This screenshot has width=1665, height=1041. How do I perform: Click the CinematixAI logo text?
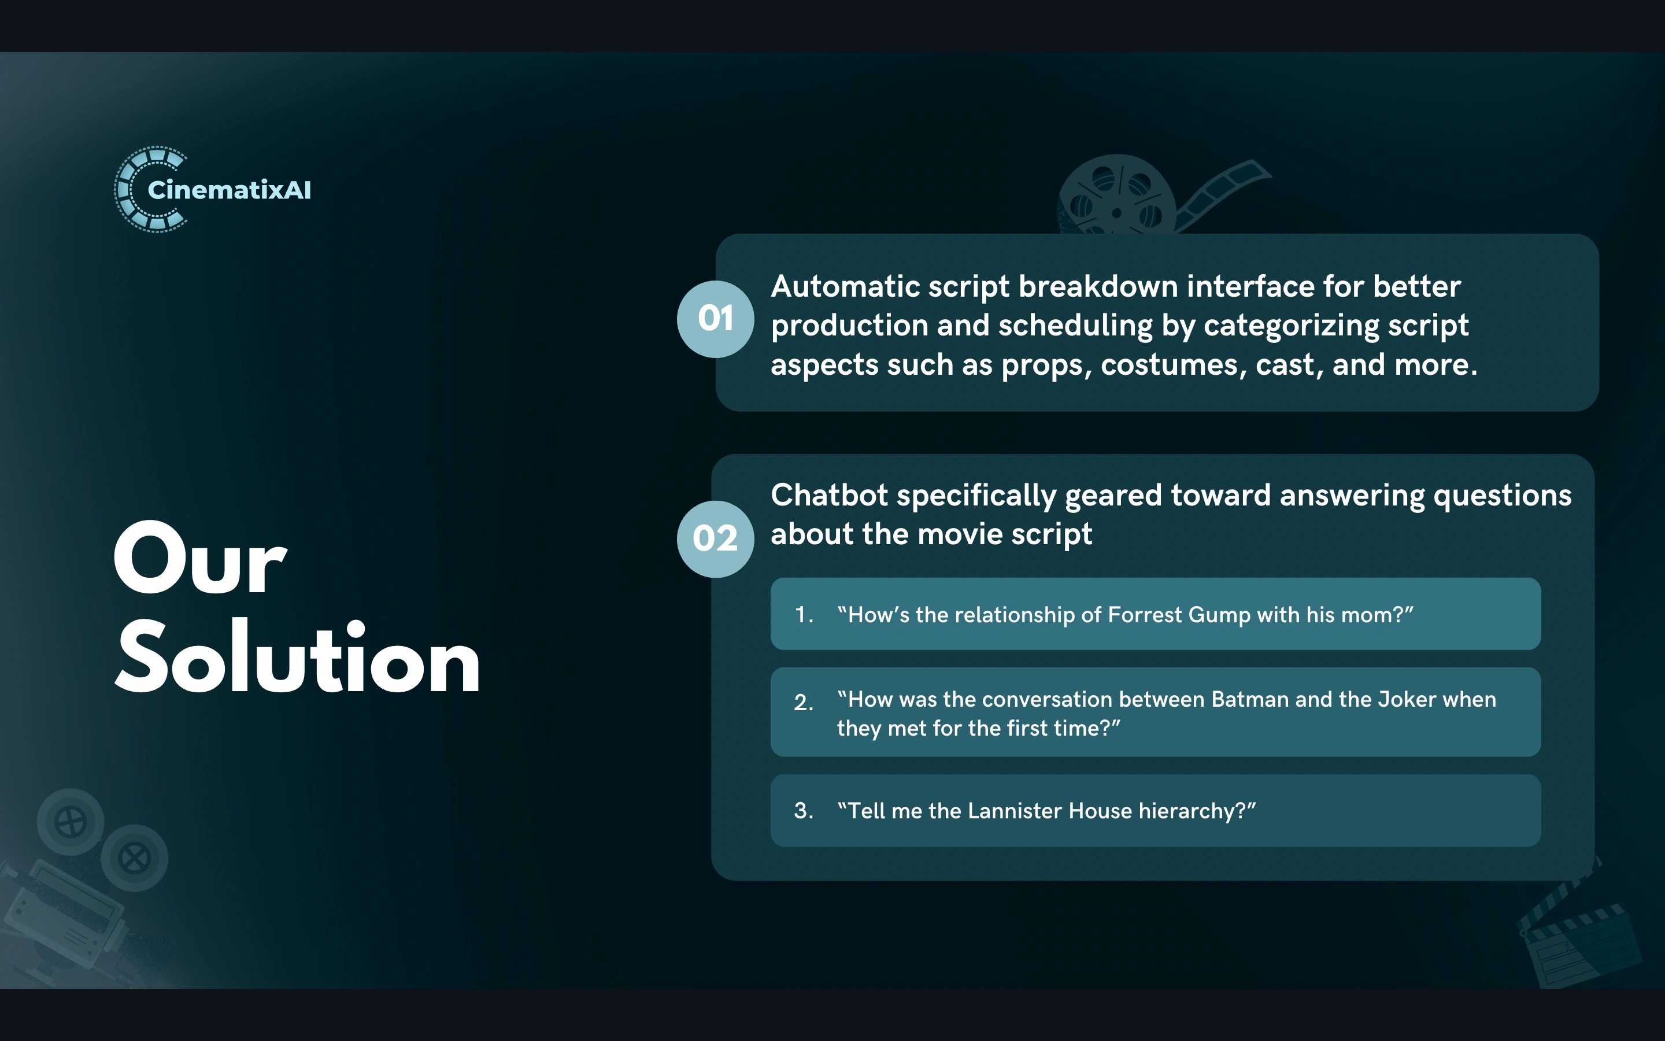click(229, 190)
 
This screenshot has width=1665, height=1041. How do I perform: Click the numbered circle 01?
click(716, 319)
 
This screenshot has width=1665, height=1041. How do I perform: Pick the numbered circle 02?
click(716, 538)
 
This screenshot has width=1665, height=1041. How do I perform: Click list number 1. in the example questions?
click(804, 615)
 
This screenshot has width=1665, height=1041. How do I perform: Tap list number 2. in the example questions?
click(804, 702)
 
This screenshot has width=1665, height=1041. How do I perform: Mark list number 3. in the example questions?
click(804, 811)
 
